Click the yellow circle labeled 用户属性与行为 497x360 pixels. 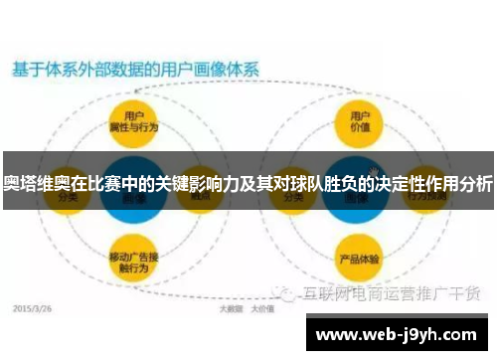[131, 124]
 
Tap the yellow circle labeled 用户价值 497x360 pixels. [358, 124]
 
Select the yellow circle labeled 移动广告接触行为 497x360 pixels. [131, 262]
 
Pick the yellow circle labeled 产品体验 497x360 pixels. [358, 262]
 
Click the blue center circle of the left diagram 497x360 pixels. [131, 189]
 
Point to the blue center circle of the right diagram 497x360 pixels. [358, 189]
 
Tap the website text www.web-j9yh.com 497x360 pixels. [399, 334]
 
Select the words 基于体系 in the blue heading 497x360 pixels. [39, 71]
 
